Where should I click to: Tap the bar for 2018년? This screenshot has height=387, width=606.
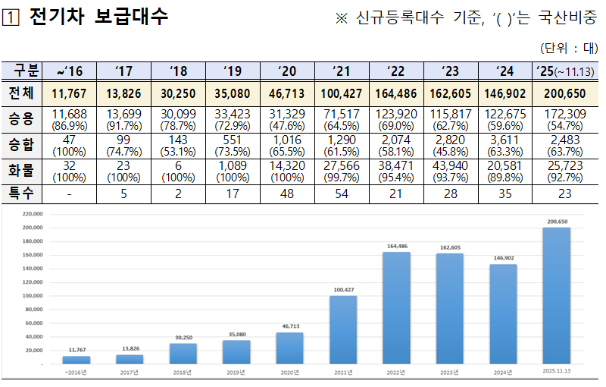[x=183, y=354]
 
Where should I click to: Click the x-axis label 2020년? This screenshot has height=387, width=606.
[x=289, y=373]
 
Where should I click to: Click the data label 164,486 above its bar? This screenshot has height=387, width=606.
[x=397, y=246]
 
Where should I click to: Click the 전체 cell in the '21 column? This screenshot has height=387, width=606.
[x=342, y=93]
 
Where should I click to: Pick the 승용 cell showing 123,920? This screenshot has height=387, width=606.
[x=396, y=118]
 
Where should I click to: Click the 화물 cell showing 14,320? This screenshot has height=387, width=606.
[x=287, y=169]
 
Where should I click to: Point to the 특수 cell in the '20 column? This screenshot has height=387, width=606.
[x=287, y=193]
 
